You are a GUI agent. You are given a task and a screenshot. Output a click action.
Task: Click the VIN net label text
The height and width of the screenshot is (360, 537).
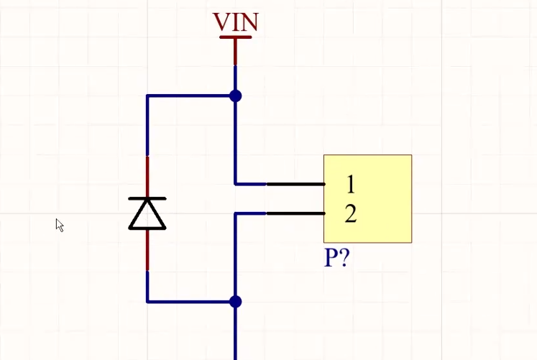pos(235,22)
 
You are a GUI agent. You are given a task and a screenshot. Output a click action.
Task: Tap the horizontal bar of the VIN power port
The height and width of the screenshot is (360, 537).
pos(235,37)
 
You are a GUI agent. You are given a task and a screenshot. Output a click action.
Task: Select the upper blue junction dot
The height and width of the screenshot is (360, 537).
pos(235,96)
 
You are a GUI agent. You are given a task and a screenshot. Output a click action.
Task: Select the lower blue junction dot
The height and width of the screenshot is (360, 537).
pos(235,302)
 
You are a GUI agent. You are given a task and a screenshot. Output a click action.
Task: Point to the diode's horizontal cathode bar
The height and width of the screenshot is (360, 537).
pos(147,198)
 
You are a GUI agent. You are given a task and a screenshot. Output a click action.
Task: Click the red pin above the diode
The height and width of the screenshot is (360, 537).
pos(147,176)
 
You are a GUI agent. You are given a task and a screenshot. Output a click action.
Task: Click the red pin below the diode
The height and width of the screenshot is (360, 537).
pos(147,250)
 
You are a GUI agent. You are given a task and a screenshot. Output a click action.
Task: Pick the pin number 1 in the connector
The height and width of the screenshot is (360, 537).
pos(350,185)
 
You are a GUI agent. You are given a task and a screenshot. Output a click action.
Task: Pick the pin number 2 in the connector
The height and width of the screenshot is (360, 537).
pos(350,214)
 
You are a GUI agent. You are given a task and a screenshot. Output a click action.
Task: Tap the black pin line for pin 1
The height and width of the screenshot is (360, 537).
pos(295,185)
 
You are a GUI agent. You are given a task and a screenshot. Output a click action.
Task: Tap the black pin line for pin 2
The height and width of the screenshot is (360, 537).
pos(295,213)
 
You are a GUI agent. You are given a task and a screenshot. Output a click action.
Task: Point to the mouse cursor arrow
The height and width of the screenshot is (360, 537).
pos(59,225)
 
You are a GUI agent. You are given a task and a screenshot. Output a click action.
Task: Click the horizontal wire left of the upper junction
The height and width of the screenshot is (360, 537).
pos(191,96)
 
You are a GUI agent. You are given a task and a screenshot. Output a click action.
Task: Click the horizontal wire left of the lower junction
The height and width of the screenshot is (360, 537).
pos(191,302)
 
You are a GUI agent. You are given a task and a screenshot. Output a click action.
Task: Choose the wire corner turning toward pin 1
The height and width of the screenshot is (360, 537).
pos(236,184)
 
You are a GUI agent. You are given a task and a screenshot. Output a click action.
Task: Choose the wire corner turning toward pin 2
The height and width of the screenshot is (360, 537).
pos(236,213)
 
